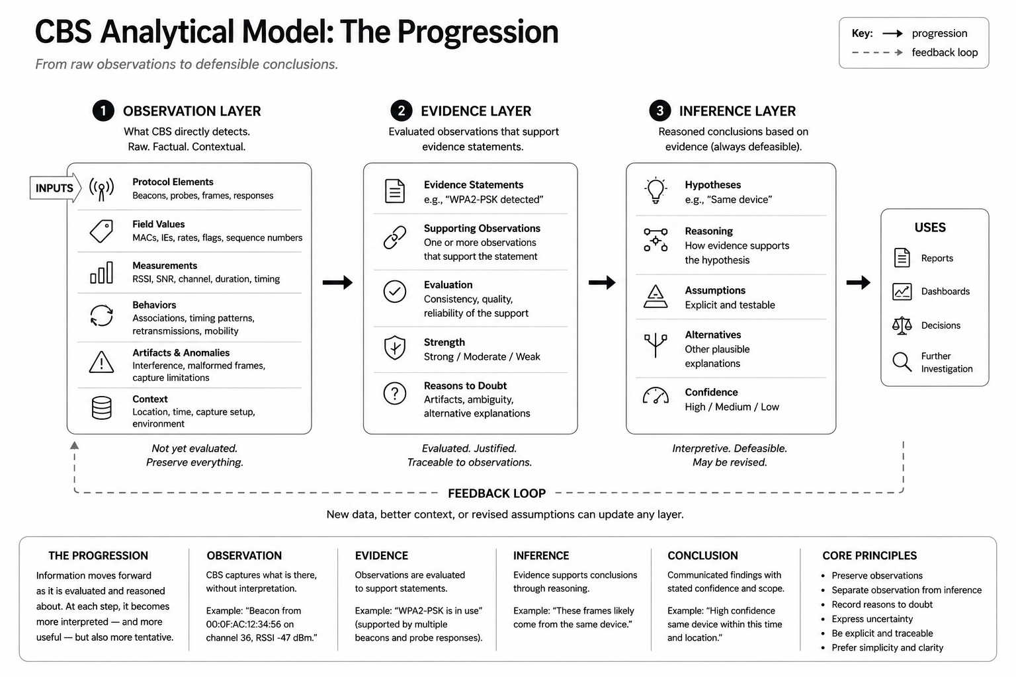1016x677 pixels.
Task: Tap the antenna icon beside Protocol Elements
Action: tap(101, 188)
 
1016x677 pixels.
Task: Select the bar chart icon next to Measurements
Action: tap(101, 272)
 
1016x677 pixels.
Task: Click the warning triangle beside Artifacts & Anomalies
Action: tap(101, 362)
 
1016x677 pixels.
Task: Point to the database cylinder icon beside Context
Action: tap(101, 408)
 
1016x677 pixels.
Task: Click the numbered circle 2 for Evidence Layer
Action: tap(401, 110)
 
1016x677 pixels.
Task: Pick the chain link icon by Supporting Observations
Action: tap(395, 237)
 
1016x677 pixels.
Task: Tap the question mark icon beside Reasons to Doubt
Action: tap(395, 393)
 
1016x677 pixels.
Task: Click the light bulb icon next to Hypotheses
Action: tap(656, 190)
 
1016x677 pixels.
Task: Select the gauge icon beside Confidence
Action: tap(656, 395)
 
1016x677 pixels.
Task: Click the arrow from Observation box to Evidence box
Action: tap(337, 282)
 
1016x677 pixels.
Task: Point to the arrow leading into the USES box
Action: tap(858, 282)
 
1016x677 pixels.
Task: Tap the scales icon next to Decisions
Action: tap(902, 325)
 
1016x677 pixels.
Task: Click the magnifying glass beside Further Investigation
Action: tap(902, 362)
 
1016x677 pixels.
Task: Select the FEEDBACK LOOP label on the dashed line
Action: tap(497, 493)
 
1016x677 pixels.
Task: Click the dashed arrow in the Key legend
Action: tap(877, 53)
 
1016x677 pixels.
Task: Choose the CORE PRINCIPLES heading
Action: tap(870, 555)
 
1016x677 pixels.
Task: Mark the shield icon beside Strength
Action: tap(395, 348)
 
